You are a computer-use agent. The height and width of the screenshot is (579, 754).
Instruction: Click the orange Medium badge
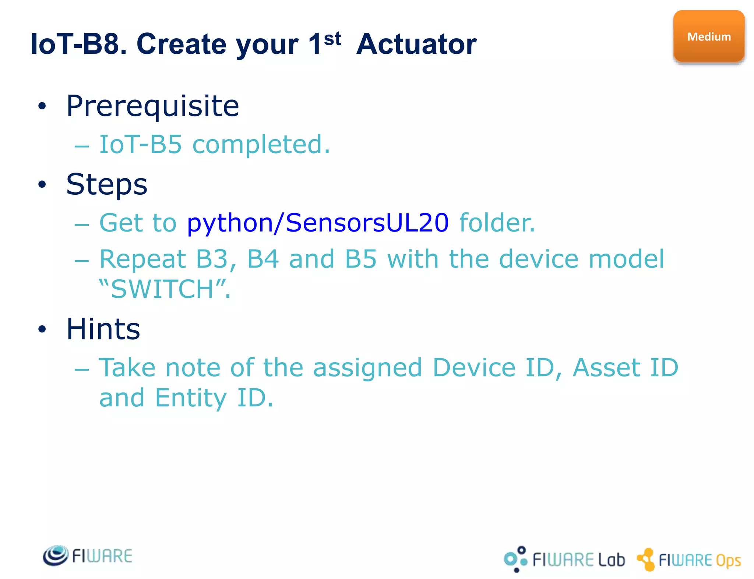coord(709,37)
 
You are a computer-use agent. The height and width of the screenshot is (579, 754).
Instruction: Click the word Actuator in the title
coord(416,45)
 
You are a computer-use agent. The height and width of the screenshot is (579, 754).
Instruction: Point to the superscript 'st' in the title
coord(332,39)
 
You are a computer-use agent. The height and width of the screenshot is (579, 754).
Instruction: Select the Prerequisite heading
coord(152,106)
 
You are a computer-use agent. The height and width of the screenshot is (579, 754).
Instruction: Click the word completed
coord(261,144)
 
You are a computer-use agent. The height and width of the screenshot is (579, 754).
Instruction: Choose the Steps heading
coord(107,184)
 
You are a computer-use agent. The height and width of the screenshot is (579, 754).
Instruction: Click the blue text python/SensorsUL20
coord(318,223)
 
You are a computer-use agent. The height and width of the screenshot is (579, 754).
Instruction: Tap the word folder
coord(497,223)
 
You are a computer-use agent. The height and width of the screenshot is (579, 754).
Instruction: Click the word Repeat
coord(143,259)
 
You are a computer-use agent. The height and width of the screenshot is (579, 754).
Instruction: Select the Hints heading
coord(103,329)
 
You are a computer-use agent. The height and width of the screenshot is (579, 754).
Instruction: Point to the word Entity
coord(191,398)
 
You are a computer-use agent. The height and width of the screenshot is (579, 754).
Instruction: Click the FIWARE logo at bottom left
coord(88,556)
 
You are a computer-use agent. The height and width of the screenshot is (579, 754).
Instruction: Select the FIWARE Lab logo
coord(564,559)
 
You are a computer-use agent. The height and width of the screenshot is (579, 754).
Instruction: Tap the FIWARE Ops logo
coord(689,560)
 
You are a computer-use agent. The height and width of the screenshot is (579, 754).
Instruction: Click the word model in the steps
coord(627,259)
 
